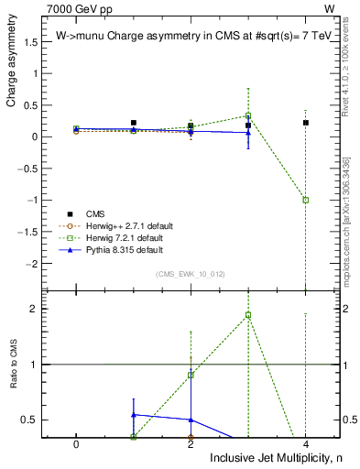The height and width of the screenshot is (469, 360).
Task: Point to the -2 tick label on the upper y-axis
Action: pos(37,263)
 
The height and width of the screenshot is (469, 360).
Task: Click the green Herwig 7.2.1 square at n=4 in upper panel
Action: pos(305,200)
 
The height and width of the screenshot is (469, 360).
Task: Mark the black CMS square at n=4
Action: pos(305,123)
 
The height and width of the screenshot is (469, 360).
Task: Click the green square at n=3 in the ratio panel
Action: pos(248,315)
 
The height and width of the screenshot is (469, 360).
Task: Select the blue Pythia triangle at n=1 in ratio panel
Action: pos(134,415)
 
